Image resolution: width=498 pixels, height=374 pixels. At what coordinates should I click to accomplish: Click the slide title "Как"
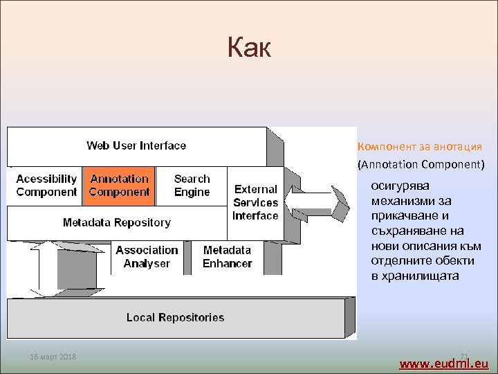249,48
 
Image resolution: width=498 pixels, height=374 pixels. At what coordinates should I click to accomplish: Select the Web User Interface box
136,145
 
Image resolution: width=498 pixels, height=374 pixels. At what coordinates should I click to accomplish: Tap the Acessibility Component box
46,186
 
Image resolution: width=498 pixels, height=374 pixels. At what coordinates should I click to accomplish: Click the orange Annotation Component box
119,186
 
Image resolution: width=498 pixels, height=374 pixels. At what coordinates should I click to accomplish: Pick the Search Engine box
192,186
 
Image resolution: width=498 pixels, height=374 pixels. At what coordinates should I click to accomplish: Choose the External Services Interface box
255,202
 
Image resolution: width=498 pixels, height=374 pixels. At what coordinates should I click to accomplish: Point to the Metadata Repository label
116,222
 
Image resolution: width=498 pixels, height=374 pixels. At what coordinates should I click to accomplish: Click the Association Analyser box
147,256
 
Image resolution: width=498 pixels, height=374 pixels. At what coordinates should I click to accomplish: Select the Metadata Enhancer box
227,256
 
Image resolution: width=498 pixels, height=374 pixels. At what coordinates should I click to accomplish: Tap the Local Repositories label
175,317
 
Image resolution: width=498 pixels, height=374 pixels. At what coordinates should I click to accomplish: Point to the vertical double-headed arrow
47,267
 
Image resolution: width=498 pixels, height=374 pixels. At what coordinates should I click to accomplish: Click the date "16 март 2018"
53,357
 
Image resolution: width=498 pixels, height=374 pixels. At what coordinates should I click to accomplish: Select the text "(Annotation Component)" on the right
421,165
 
